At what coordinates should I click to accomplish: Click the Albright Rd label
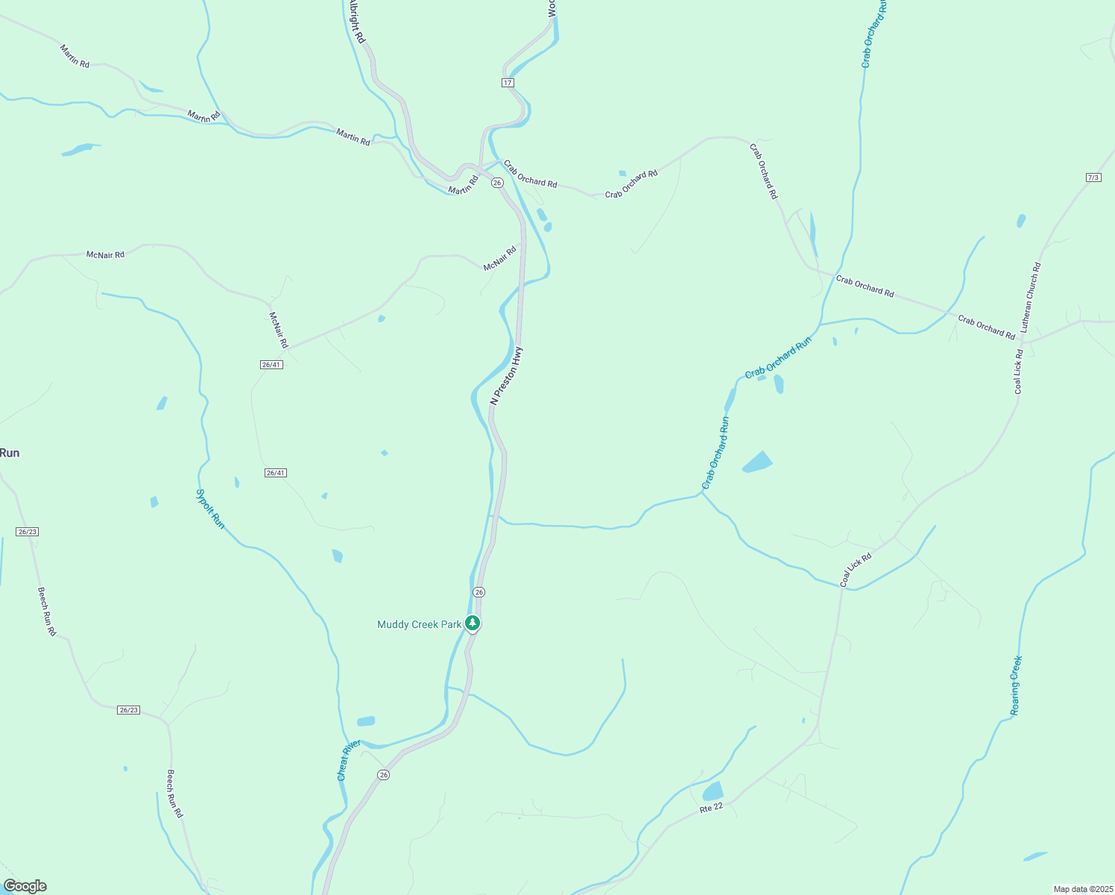coord(356,22)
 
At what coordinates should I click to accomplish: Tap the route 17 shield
coord(508,82)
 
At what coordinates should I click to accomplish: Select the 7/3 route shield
coord(1093,178)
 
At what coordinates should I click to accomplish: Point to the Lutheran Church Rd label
coord(1031,298)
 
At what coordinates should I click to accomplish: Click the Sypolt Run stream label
coord(209,509)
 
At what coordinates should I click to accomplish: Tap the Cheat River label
coord(348,760)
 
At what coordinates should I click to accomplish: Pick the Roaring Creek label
coord(1016,685)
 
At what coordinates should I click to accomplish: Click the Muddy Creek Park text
coord(419,624)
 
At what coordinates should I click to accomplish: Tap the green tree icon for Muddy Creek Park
coord(472,623)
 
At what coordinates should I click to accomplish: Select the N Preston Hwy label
coord(507,376)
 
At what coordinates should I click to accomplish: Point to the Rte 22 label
coord(711,808)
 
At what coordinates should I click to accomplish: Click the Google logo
coord(25,886)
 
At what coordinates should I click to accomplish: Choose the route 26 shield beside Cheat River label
coord(383,775)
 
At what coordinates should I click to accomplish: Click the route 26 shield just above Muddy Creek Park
coord(478,592)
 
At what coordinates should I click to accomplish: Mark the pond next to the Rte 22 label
coord(713,791)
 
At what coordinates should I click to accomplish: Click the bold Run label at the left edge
coord(10,453)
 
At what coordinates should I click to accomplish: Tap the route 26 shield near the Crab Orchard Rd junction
coord(497,183)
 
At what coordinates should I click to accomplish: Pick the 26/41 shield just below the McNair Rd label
coord(271,365)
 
